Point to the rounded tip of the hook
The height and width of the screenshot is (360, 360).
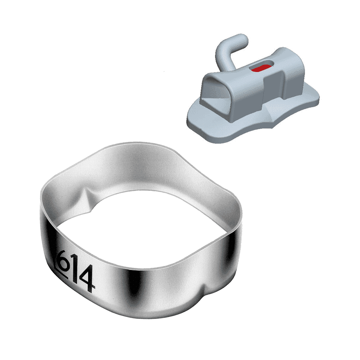tap(243, 40)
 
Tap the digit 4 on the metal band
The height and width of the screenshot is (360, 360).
tap(87, 279)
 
